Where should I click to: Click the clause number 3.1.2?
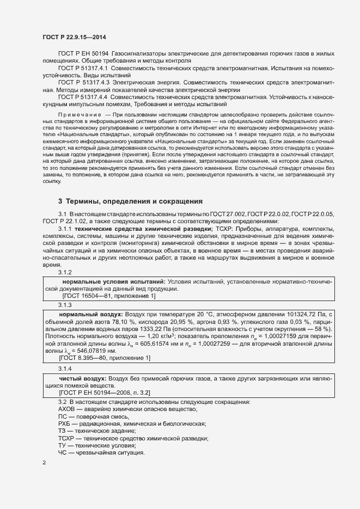tap(65, 272)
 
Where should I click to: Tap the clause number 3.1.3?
tap(65, 305)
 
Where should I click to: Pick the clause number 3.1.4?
tap(65, 369)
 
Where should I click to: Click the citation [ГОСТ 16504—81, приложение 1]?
tap(108, 296)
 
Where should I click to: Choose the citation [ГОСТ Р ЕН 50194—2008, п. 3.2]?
tap(105, 392)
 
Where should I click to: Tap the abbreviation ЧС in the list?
tap(63, 453)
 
